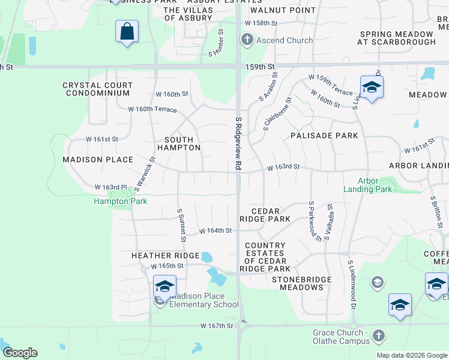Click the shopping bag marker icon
(127, 31)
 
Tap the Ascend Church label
(285, 40)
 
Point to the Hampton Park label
(120, 201)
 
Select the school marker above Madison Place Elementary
(164, 285)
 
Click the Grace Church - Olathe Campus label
(341, 337)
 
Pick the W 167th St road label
(216, 326)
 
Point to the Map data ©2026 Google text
(411, 355)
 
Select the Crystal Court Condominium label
(96, 89)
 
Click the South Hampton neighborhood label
(178, 143)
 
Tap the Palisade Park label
(324, 136)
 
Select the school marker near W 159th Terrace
(372, 87)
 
